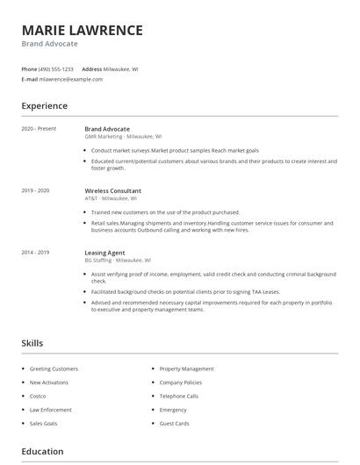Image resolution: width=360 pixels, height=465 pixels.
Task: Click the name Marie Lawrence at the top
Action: point(82,30)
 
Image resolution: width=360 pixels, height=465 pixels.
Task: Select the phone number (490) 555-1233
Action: point(57,68)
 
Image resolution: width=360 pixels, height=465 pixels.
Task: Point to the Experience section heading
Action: point(44,106)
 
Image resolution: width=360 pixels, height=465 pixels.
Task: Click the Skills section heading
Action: point(32,343)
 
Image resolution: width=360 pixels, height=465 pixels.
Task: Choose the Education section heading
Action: point(42,452)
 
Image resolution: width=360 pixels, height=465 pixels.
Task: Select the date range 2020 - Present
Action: point(39,129)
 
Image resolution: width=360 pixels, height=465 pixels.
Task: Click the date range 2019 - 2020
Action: point(35,190)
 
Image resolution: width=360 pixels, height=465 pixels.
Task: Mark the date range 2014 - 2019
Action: point(35,253)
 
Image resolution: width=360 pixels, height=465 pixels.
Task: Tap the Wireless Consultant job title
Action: point(112,190)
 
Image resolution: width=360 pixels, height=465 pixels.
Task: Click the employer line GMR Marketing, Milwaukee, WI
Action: point(123,137)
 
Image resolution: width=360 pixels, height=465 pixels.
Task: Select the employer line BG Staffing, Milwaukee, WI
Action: point(118,261)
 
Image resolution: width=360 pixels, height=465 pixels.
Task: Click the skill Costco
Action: point(39,396)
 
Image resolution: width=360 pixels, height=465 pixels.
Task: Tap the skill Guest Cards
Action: point(174,423)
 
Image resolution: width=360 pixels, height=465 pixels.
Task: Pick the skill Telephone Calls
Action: point(178,396)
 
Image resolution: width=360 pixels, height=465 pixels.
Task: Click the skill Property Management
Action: point(186,368)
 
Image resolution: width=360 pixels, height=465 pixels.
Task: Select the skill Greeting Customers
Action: point(54,368)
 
